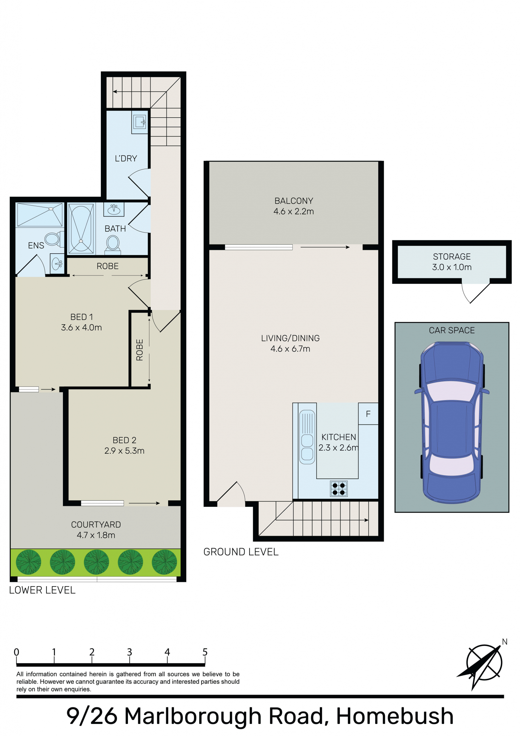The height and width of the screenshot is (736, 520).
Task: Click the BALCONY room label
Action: tap(294, 201)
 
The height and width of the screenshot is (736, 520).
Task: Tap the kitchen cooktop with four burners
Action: tap(339, 489)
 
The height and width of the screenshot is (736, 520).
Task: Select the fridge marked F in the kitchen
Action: tap(368, 413)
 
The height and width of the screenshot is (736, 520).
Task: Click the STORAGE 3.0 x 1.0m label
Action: tap(452, 262)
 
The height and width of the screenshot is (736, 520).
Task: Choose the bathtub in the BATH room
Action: tap(81, 228)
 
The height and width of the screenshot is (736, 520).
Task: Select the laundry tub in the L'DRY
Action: tap(140, 122)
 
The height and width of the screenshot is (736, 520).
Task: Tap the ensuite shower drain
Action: tap(51, 209)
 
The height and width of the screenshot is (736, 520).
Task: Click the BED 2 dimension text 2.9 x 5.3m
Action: tap(124, 451)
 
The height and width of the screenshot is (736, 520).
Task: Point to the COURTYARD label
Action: tap(96, 524)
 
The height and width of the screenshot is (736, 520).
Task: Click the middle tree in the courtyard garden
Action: tap(96, 562)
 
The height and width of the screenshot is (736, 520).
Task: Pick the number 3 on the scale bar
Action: tap(130, 652)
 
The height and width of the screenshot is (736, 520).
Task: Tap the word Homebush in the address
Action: tap(395, 716)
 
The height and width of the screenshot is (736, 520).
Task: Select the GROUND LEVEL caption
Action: tap(241, 552)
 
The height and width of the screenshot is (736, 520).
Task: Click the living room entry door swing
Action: tap(231, 494)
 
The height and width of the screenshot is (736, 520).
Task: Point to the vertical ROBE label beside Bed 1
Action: tap(139, 350)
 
